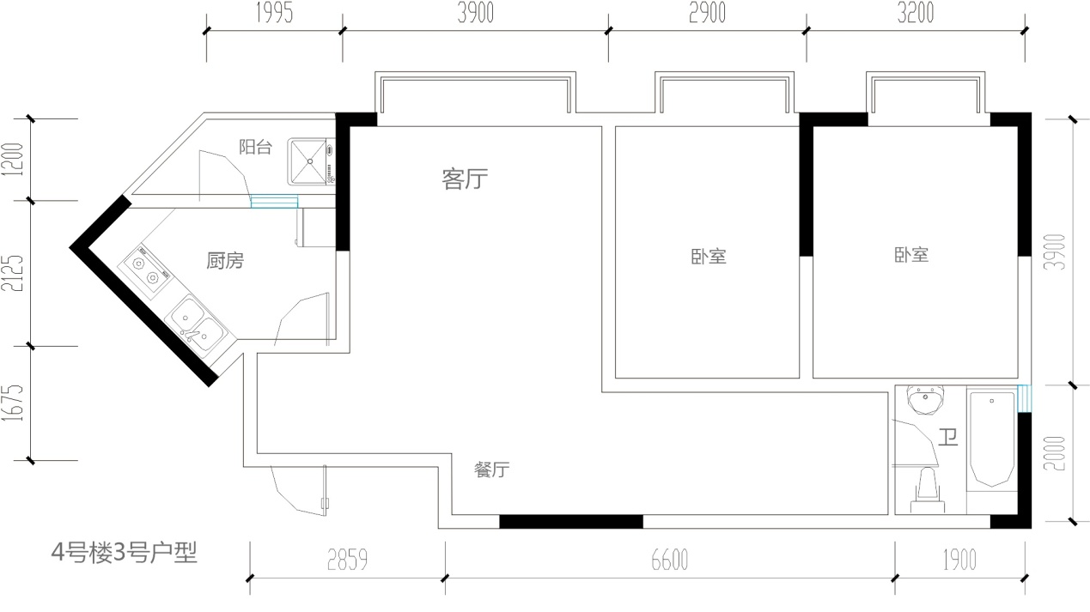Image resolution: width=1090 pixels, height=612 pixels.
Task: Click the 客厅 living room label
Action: tap(465, 179)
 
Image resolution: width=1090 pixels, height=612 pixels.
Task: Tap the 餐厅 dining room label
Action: tap(491, 470)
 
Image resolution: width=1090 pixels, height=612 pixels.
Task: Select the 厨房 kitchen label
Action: tap(225, 261)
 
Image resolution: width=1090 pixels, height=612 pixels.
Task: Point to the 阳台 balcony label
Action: tap(255, 147)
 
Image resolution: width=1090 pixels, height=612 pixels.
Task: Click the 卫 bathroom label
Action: tap(948, 438)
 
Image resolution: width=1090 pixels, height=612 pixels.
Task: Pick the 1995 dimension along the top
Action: tap(275, 13)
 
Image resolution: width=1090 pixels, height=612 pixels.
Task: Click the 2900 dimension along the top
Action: tap(707, 13)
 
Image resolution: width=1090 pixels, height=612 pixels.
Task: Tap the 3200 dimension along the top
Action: tap(916, 13)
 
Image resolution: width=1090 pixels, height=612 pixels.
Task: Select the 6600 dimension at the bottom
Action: tap(670, 560)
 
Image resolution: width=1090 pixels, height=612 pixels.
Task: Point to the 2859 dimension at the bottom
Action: tap(347, 560)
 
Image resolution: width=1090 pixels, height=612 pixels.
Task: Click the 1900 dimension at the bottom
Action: tap(959, 560)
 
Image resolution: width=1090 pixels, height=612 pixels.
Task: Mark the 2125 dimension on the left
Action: tap(13, 273)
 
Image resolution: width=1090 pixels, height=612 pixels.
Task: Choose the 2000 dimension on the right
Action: tap(1055, 453)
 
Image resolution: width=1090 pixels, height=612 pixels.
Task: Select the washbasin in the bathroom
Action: tap(926, 400)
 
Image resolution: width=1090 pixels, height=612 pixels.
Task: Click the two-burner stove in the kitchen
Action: tap(145, 270)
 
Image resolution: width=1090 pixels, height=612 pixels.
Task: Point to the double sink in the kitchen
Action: tap(196, 324)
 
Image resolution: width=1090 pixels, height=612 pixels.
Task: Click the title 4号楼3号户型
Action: tap(124, 553)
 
